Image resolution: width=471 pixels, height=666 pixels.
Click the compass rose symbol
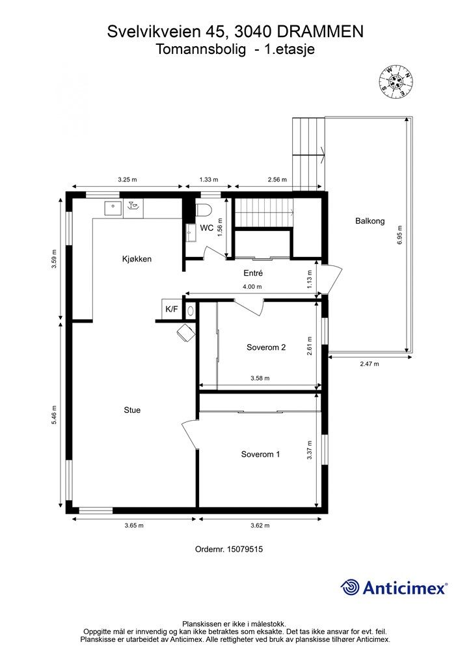pyautogui.click(x=396, y=82)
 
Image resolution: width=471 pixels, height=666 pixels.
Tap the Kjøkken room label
pyautogui.click(x=137, y=259)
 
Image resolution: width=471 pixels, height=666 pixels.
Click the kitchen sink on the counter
pyautogui.click(x=113, y=207)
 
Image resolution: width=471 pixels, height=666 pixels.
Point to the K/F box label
pyautogui.click(x=172, y=309)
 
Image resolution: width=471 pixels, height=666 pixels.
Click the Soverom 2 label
pyautogui.click(x=266, y=347)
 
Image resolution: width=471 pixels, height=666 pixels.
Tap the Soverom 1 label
pyautogui.click(x=260, y=454)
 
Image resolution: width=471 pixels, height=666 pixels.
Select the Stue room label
pyautogui.click(x=132, y=410)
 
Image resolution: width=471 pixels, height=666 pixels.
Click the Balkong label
pyautogui.click(x=370, y=221)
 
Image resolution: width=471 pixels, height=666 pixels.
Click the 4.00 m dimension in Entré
pyautogui.click(x=252, y=287)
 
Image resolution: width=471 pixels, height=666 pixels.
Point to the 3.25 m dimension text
pyautogui.click(x=128, y=180)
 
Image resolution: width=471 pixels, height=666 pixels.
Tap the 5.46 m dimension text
pyautogui.click(x=54, y=415)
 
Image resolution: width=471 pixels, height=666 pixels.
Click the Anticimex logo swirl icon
pyautogui.click(x=351, y=587)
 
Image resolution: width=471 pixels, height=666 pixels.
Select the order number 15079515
pyautogui.click(x=245, y=549)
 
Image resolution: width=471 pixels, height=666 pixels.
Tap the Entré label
pyautogui.click(x=253, y=273)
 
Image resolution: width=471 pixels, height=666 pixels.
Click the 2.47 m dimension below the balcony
pyautogui.click(x=370, y=364)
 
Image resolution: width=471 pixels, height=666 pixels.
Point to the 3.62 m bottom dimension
pyautogui.click(x=260, y=526)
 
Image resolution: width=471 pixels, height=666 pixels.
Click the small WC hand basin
pyautogui.click(x=190, y=233)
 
